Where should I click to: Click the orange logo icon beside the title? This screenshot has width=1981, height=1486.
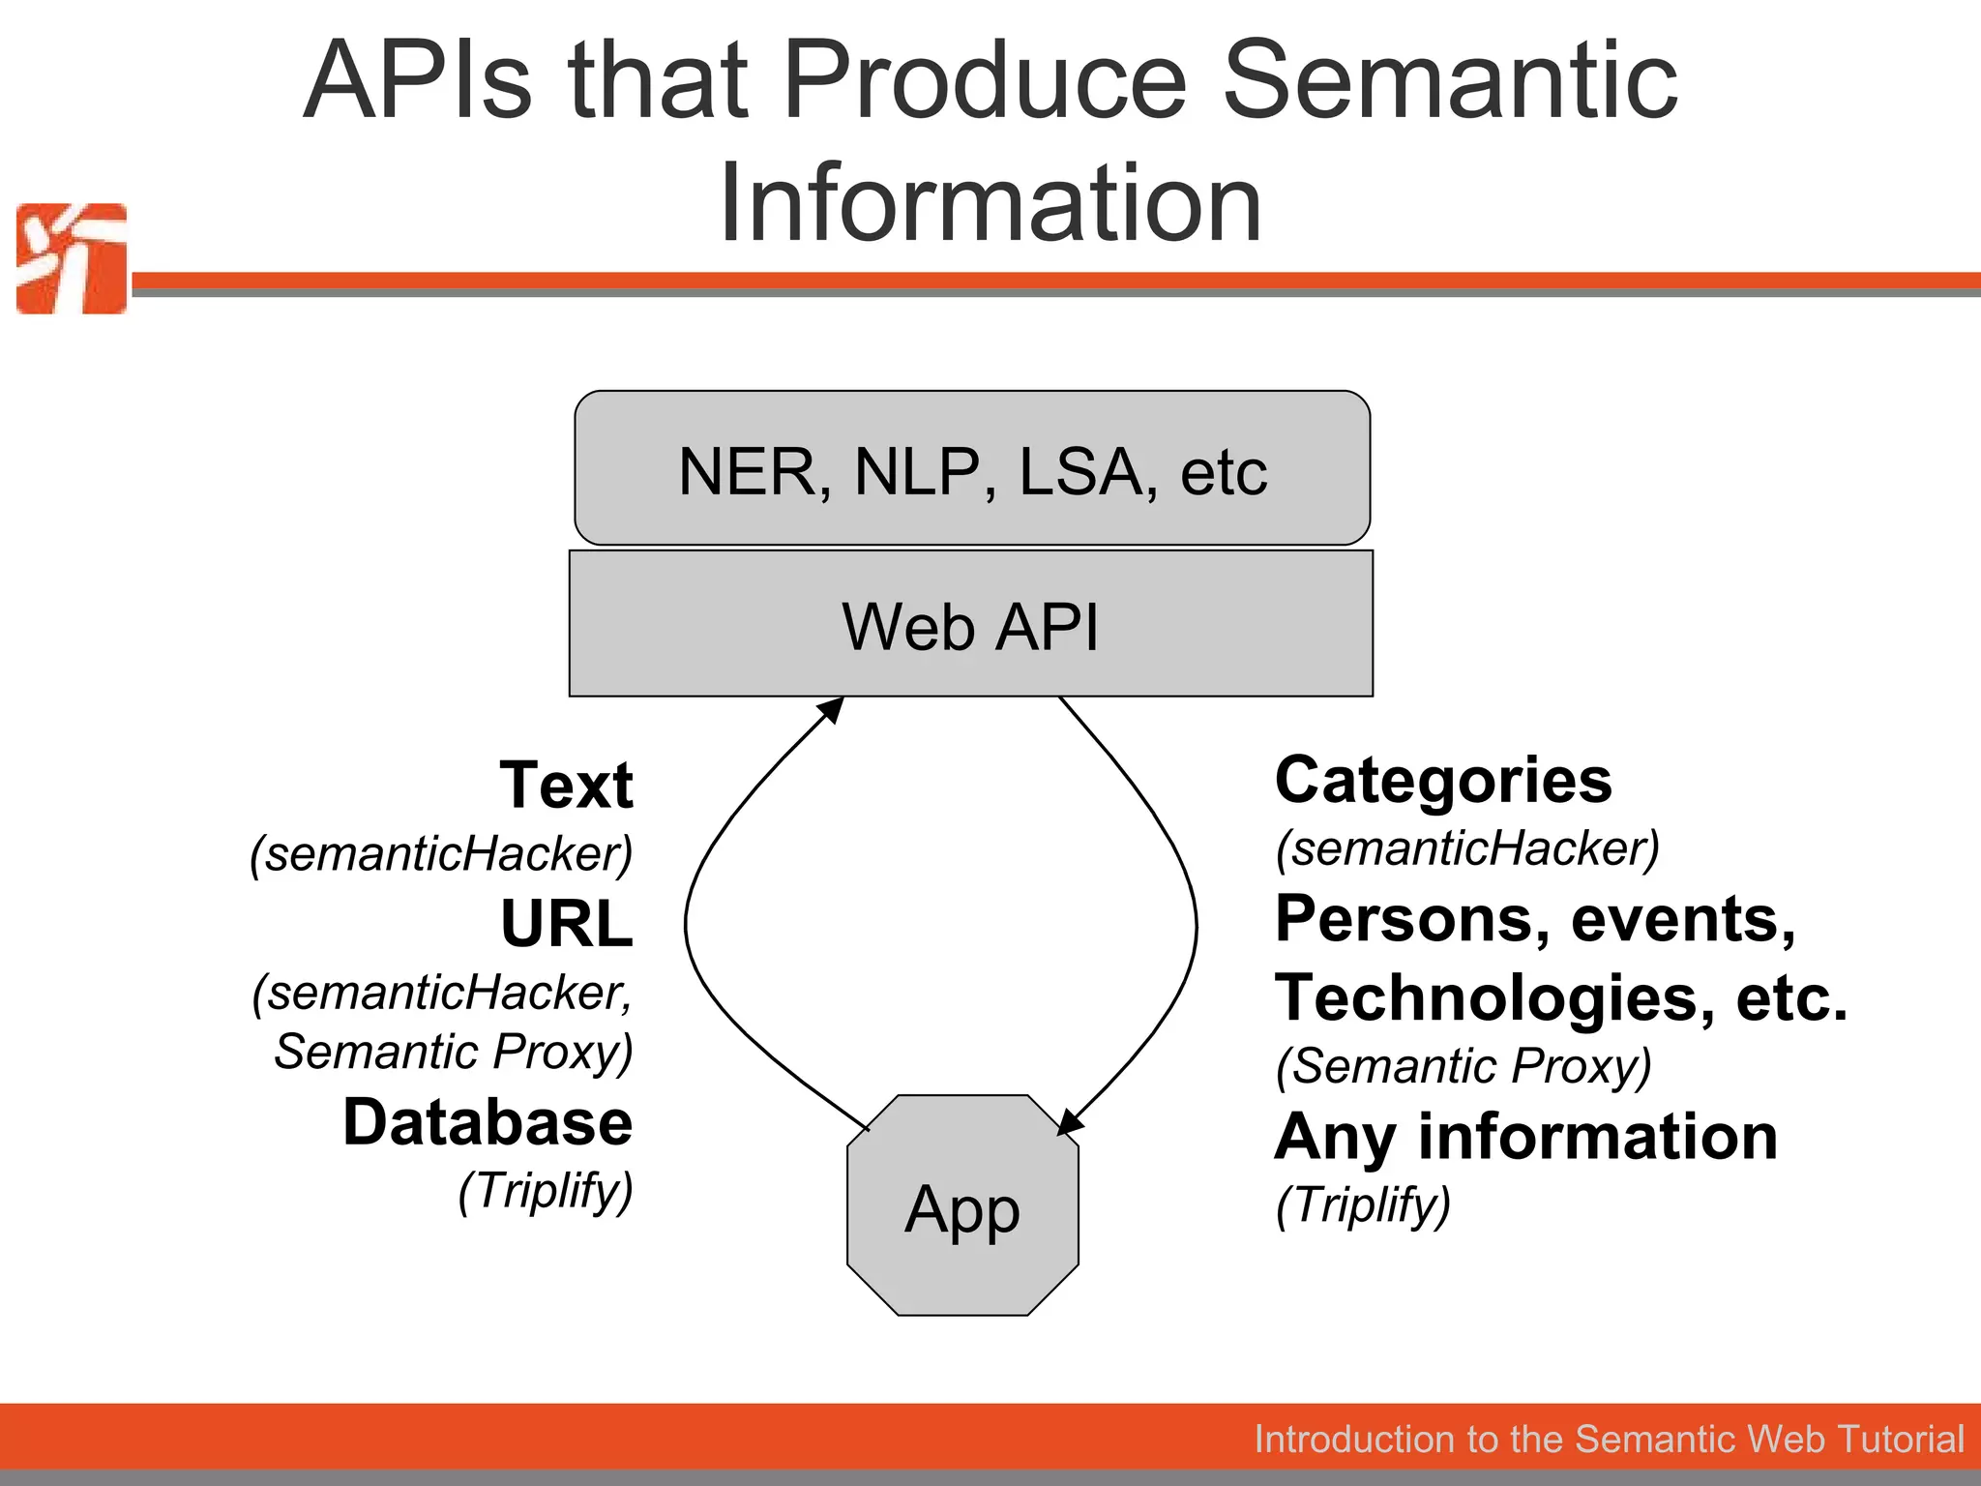click(72, 258)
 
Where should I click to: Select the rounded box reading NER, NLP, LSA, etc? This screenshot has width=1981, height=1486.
click(972, 468)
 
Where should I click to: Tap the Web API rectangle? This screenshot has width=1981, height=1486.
click(971, 624)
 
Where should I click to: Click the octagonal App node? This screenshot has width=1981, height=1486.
click(962, 1205)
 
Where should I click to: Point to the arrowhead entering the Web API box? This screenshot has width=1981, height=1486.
click(832, 709)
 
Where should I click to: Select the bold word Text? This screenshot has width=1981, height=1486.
click(567, 785)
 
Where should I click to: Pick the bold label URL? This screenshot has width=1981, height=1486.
click(567, 924)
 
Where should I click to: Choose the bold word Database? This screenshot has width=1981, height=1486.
click(488, 1122)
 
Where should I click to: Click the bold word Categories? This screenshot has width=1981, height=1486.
click(1443, 780)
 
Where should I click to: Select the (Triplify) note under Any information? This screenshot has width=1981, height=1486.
click(1363, 1205)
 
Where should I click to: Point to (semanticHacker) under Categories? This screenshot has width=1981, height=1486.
click(1467, 848)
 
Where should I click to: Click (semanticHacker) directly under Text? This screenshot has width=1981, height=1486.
click(441, 854)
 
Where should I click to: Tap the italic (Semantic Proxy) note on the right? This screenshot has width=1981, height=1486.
click(1464, 1066)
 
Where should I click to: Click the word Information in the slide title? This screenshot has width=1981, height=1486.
click(990, 202)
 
